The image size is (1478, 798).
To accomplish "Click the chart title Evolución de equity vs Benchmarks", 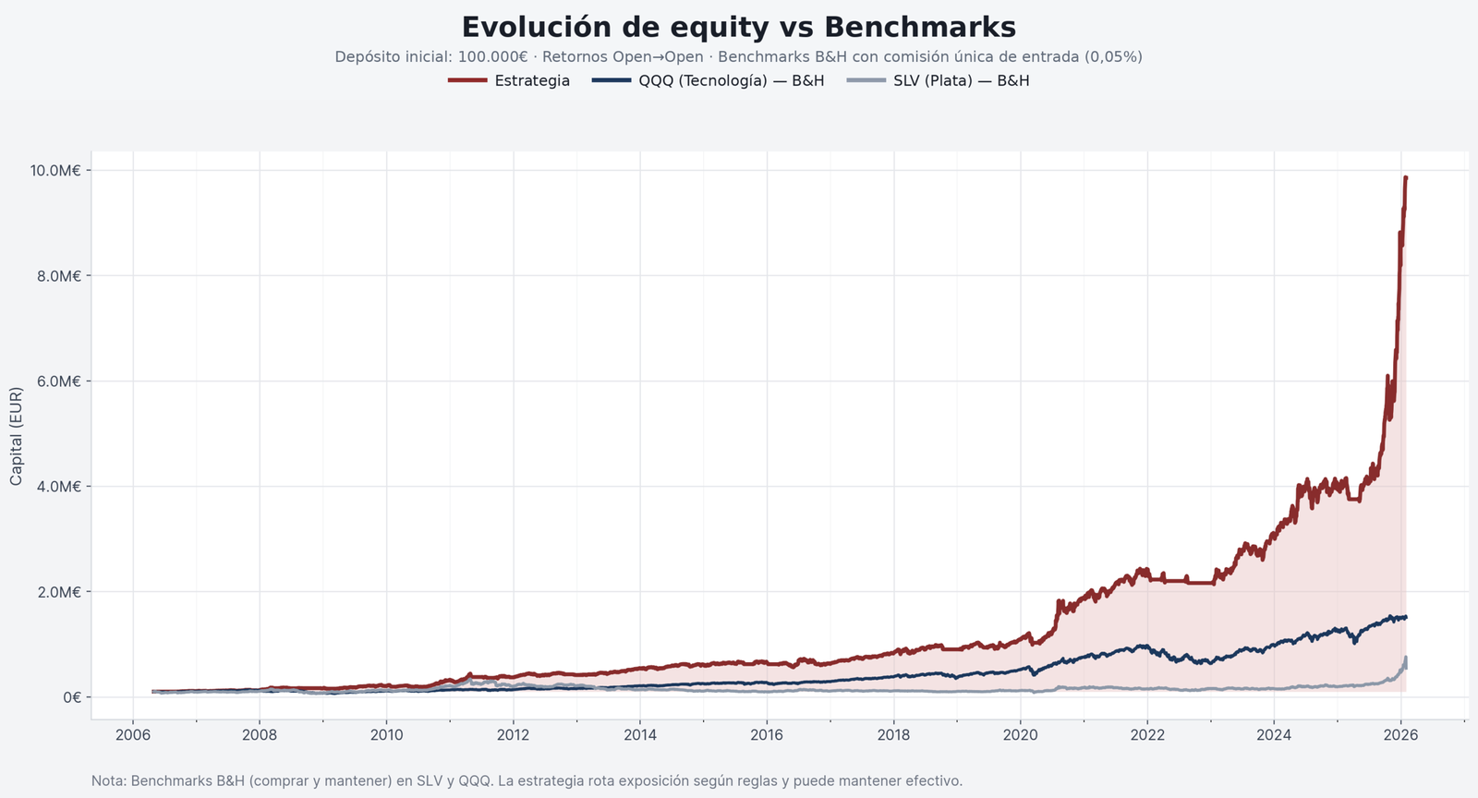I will click(x=738, y=27).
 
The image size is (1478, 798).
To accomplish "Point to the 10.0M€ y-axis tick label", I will click(x=55, y=171).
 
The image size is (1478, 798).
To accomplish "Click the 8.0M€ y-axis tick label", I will click(x=59, y=276).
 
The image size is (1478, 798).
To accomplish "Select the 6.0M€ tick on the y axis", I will click(x=59, y=381).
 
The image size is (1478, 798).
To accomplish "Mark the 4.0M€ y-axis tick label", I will click(x=59, y=487).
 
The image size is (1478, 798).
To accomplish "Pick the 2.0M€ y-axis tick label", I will click(x=59, y=592).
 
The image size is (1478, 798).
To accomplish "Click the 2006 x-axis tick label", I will click(x=133, y=735).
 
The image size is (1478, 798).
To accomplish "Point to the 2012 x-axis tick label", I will click(x=514, y=735).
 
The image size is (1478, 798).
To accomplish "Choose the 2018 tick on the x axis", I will click(x=893, y=735).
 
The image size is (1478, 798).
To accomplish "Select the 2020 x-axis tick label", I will click(x=1021, y=735).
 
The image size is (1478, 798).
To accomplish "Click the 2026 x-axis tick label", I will click(x=1400, y=735).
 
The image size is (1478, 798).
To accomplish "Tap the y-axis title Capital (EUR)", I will click(x=17, y=436).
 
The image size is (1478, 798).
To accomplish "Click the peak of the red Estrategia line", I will click(x=1406, y=177).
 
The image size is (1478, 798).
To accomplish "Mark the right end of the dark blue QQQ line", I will click(x=1406, y=617).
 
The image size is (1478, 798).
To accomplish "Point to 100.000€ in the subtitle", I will click(x=492, y=57).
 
